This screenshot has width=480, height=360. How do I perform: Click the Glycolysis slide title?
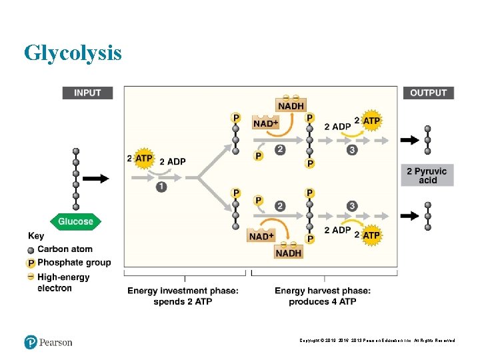[x=73, y=52]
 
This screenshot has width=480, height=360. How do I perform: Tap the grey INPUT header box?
[x=87, y=93]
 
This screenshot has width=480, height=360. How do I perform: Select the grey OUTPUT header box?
[x=428, y=93]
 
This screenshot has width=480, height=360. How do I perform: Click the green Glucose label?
[x=75, y=221]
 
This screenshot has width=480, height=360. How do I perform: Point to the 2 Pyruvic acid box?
[x=428, y=175]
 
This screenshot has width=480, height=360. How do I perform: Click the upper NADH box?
[x=291, y=106]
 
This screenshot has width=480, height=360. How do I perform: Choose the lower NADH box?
[x=288, y=253]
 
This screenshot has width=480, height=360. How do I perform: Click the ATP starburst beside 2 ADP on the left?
[x=144, y=159]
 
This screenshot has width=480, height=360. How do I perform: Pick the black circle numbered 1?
[x=161, y=187]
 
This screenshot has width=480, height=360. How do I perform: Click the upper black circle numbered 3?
[x=352, y=150]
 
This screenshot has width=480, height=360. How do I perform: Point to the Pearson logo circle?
[x=30, y=342]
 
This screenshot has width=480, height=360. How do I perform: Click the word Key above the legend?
[x=36, y=235]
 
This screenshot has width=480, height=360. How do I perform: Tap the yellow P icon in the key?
[x=31, y=263]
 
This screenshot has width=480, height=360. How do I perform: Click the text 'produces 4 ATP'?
[x=323, y=302]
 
